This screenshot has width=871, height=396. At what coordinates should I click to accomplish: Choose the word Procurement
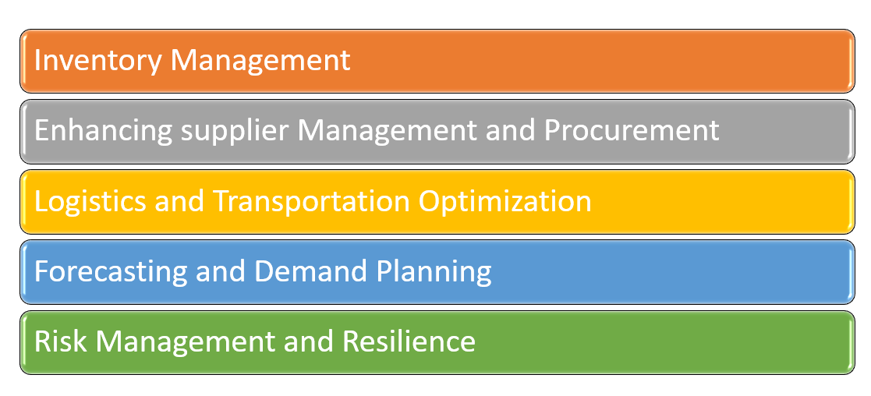(x=632, y=130)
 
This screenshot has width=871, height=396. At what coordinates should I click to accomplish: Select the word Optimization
(x=505, y=202)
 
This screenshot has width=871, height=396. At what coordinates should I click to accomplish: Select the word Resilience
(x=409, y=341)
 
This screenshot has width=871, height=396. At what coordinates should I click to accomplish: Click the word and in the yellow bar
(x=180, y=201)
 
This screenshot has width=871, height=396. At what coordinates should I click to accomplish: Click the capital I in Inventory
(x=38, y=60)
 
